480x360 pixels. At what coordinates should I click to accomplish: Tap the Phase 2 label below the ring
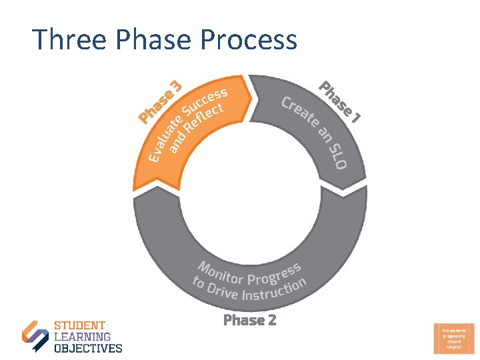[249, 320]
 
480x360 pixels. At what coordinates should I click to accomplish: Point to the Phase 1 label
[339, 102]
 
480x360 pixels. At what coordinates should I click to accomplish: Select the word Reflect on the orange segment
[203, 116]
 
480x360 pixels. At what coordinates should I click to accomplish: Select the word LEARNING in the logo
[82, 337]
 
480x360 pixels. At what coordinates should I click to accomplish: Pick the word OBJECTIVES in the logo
[87, 348]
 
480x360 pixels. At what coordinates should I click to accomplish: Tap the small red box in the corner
[454, 339]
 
